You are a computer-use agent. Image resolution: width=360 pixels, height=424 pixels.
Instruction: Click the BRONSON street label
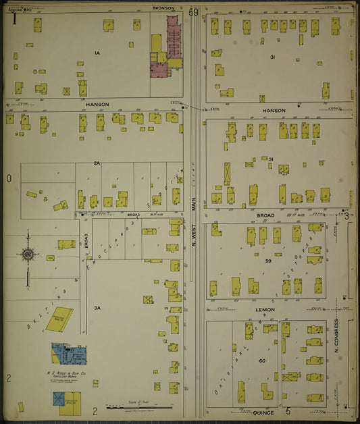tap(163, 8)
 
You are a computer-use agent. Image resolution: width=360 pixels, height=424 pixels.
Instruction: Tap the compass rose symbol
tap(28, 255)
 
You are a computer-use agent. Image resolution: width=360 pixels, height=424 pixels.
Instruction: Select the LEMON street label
tap(265, 310)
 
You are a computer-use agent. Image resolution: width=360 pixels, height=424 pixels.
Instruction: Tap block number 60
tap(262, 361)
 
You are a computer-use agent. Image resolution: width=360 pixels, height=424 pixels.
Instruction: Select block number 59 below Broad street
tap(268, 260)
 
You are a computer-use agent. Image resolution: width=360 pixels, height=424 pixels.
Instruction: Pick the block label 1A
tap(97, 52)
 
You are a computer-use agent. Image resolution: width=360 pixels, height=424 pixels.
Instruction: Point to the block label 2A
tap(97, 163)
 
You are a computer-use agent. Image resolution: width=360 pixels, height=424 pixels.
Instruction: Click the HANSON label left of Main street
tap(97, 105)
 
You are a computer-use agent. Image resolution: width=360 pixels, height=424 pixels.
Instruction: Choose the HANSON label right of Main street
tap(274, 110)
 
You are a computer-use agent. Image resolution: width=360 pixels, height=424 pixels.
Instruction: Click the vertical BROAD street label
tap(86, 241)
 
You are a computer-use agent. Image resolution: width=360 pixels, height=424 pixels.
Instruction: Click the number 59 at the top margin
tap(195, 12)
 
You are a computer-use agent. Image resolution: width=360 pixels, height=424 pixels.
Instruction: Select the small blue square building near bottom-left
tap(59, 398)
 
